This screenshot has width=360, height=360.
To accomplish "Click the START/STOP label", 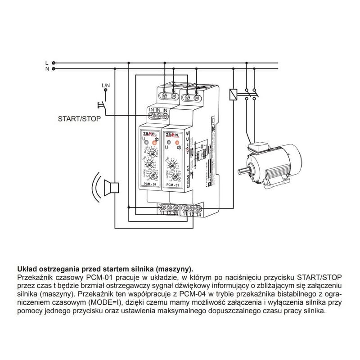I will pos(79,120).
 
